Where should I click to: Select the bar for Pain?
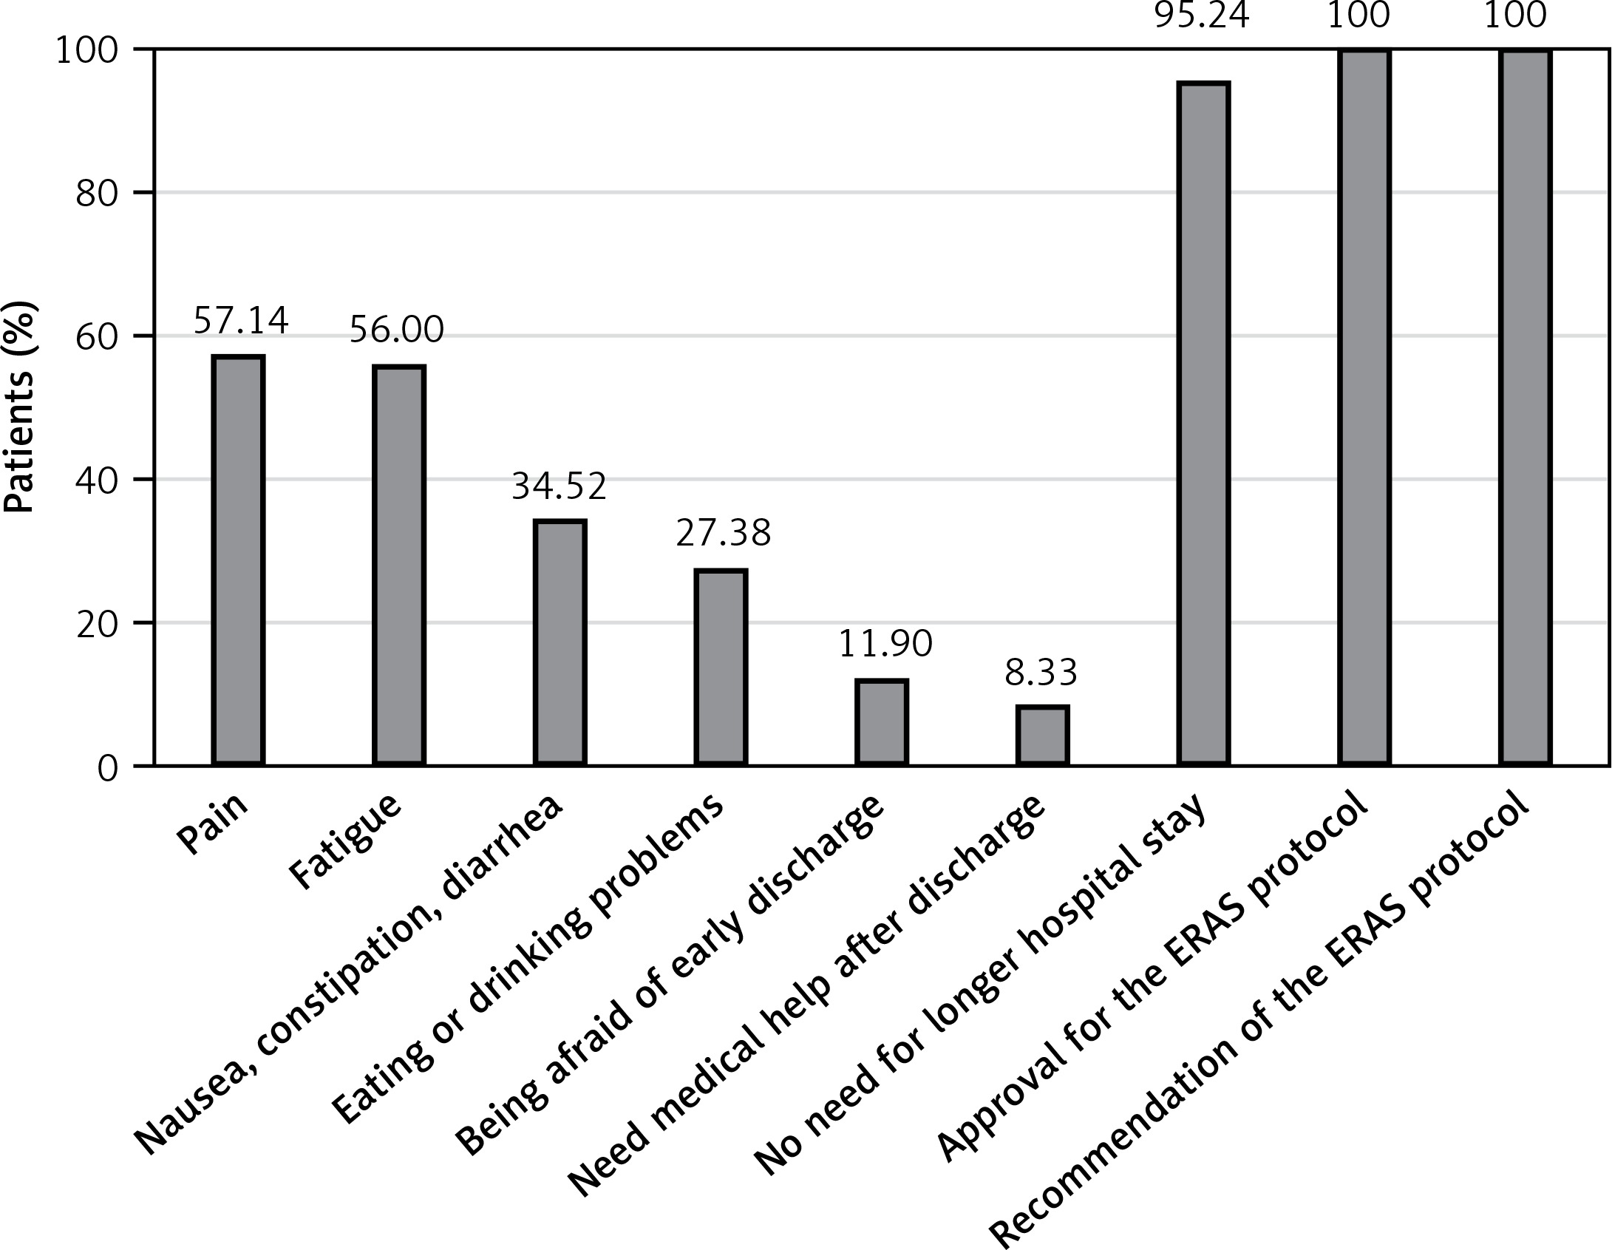(238, 560)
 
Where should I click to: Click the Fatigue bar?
(399, 565)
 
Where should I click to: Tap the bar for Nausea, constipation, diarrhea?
(560, 642)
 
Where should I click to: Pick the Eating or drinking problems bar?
(721, 668)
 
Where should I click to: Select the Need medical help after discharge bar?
(1043, 736)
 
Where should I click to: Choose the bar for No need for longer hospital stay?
(1204, 424)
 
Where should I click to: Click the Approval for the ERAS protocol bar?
(1365, 407)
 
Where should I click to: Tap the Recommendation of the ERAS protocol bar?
(1526, 407)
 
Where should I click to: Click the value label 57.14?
(241, 321)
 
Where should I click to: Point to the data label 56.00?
(397, 330)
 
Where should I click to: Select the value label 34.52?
(560, 486)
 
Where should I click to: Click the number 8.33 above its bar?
(1041, 673)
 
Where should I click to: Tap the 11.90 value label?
(885, 645)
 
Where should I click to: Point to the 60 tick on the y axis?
(98, 336)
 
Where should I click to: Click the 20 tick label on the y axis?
(98, 623)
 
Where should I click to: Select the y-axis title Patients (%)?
(20, 406)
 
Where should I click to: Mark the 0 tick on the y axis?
(108, 768)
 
